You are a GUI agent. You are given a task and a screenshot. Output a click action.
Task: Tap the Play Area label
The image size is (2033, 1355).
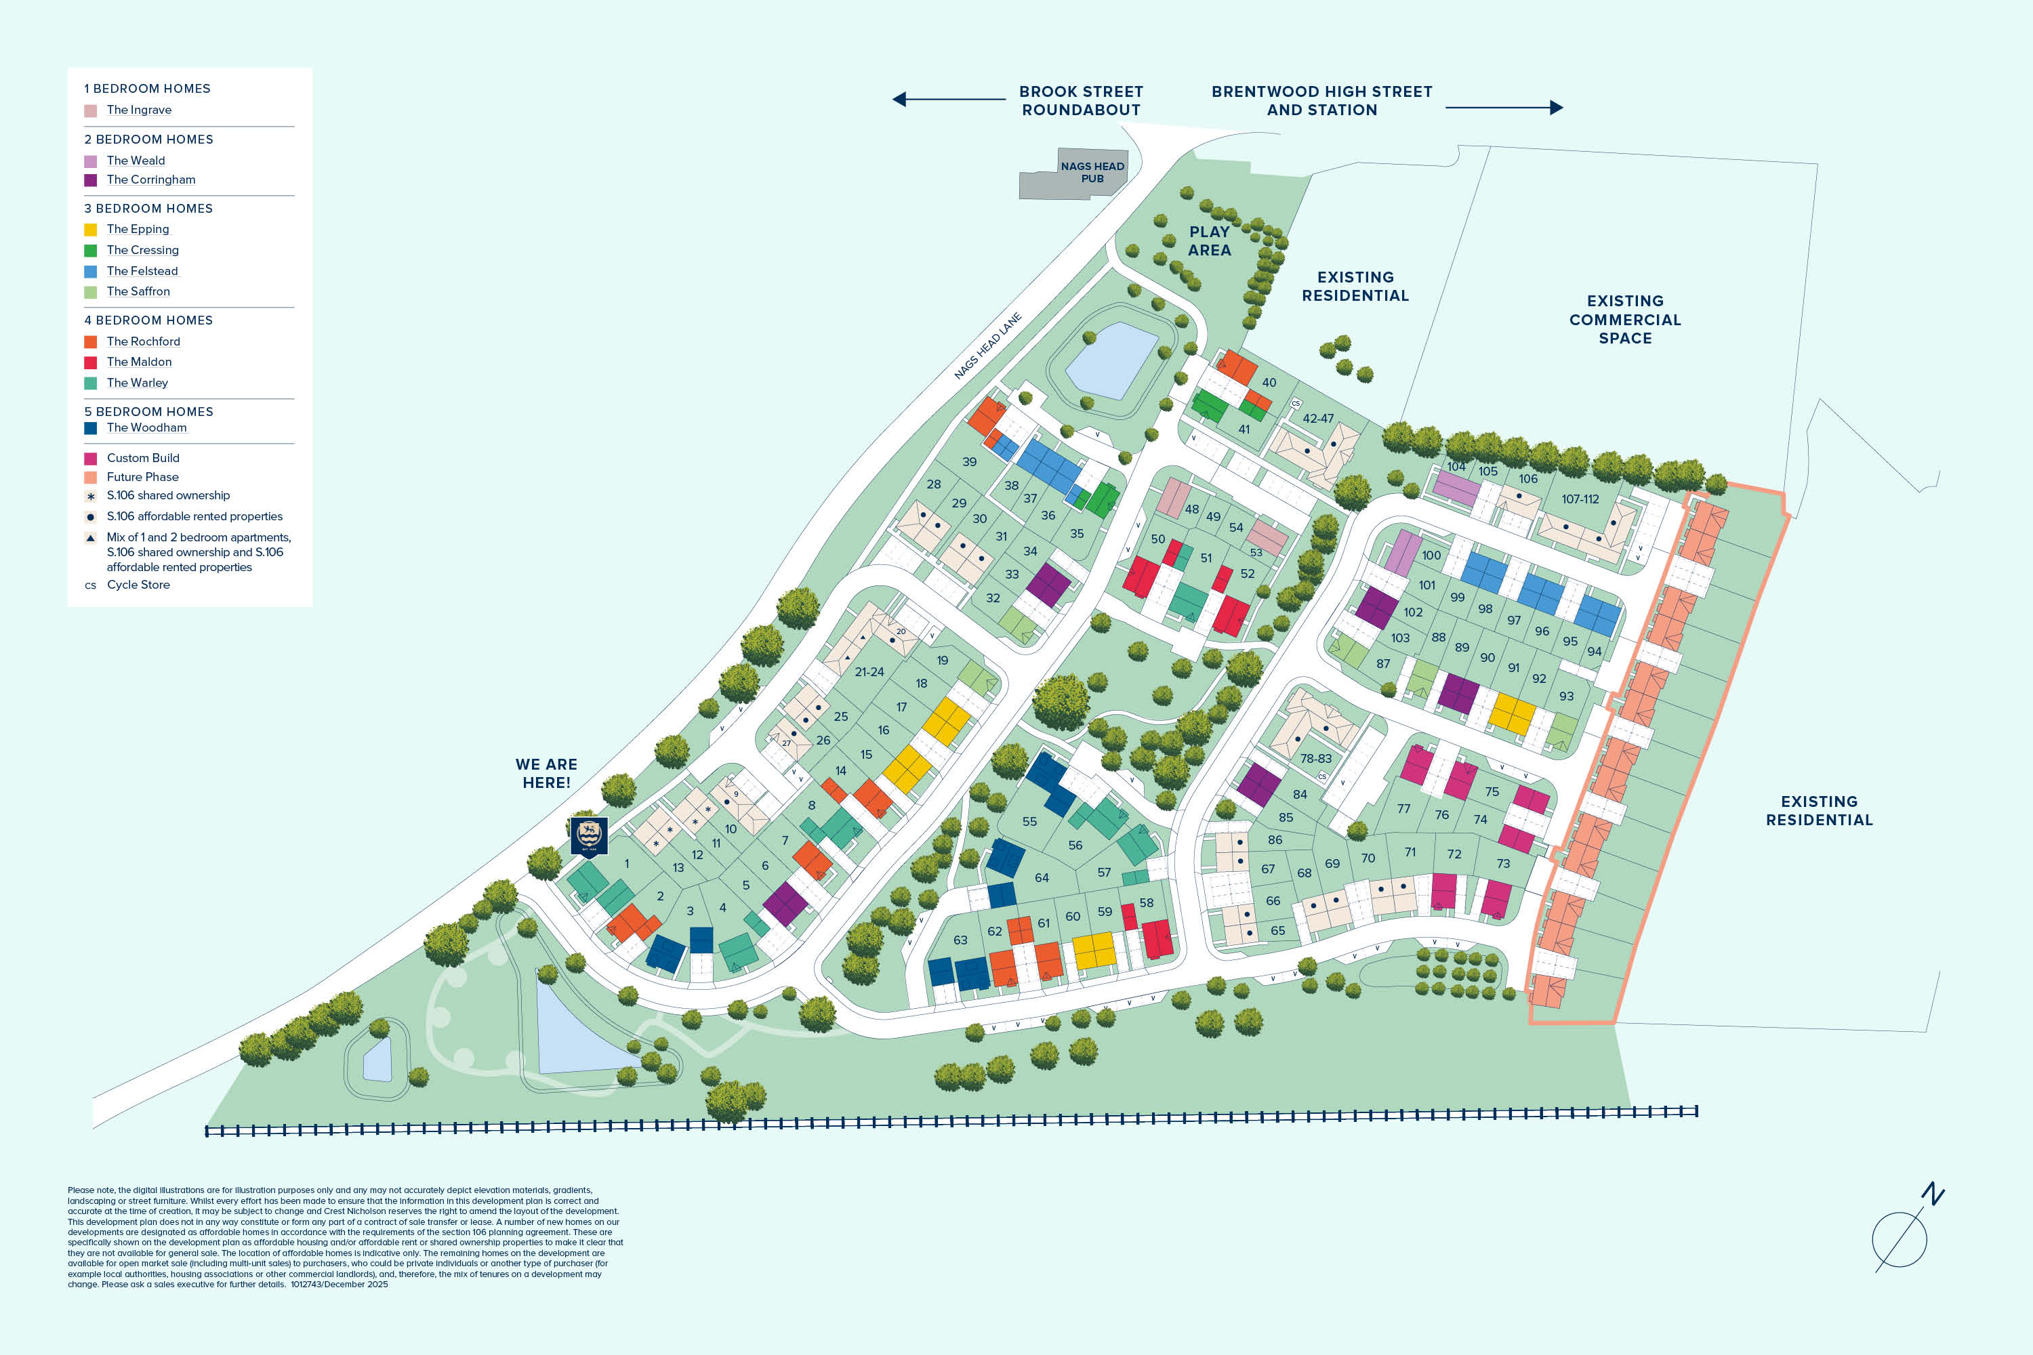pos(1209,241)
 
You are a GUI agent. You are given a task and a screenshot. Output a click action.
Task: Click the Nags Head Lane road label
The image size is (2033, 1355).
pos(987,346)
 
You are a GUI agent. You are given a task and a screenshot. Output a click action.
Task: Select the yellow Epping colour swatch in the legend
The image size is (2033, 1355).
pos(90,230)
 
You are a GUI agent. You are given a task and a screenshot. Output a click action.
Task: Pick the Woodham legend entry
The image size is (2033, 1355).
pos(146,428)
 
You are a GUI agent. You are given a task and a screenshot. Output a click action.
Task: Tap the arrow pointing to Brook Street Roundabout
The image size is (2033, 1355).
pos(948,100)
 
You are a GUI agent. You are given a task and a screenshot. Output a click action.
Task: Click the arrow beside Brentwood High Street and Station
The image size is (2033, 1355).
pos(1504,108)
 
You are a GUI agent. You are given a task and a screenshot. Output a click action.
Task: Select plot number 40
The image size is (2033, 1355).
pos(1269,383)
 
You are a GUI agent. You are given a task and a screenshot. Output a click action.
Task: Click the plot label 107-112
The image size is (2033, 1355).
pos(1580,499)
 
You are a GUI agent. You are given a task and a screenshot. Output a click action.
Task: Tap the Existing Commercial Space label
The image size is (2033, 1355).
pos(1625,320)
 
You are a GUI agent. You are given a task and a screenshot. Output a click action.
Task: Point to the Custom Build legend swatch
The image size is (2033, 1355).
pos(90,459)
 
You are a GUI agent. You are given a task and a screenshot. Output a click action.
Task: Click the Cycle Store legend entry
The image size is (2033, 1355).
pos(138,585)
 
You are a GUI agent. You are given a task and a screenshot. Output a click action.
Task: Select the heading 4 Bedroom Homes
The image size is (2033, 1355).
pos(148,320)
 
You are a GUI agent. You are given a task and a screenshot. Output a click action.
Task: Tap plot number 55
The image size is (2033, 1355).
pos(1029,822)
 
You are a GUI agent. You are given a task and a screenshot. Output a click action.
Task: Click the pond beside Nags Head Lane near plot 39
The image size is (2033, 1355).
pos(1111,360)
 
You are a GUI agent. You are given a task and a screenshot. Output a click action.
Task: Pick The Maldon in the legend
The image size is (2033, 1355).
pos(139,362)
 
